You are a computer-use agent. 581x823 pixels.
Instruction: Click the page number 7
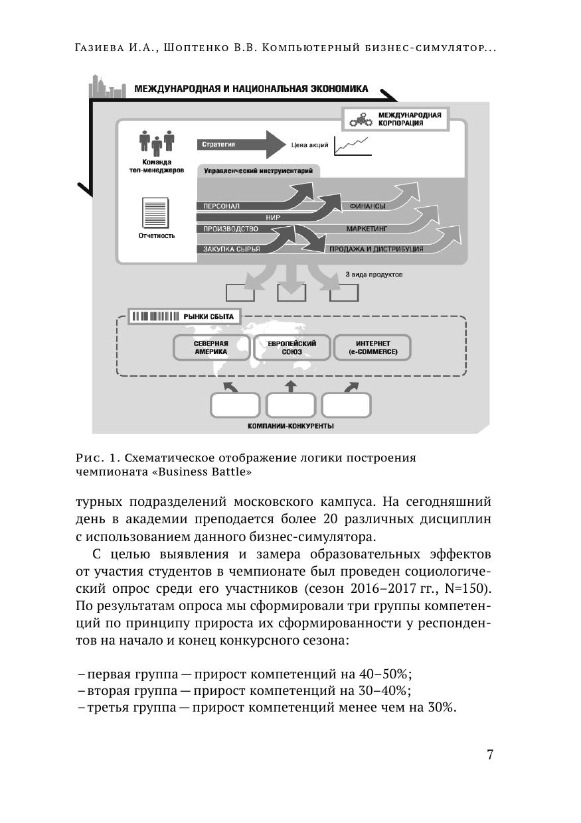[x=490, y=755]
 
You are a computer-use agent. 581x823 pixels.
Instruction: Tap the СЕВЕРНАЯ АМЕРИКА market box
[x=211, y=348]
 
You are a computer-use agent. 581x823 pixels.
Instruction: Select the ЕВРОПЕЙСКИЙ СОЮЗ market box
[x=291, y=348]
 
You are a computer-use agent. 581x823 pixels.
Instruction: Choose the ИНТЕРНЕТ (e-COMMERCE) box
[x=372, y=348]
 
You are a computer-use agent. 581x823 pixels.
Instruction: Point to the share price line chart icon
[x=351, y=145]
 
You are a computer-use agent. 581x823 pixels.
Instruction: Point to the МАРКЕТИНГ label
[x=367, y=228]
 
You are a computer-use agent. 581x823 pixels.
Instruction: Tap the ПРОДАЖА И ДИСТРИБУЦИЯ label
[x=376, y=249]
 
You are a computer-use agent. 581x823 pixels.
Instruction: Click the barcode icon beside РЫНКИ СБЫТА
[x=155, y=316]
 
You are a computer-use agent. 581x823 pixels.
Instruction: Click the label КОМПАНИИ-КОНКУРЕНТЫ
[x=290, y=426]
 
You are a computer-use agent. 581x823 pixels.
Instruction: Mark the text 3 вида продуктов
[x=374, y=273]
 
